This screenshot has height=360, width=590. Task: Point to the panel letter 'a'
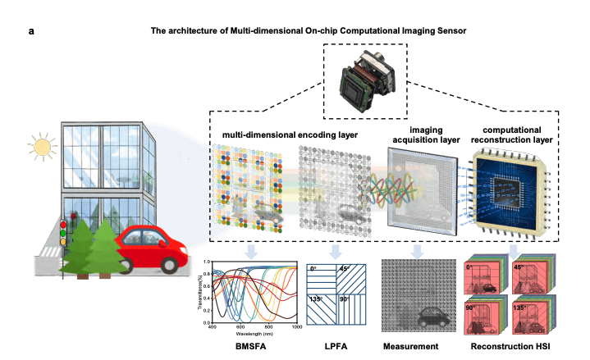click(30, 30)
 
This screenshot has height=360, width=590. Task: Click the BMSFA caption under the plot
click(250, 346)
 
